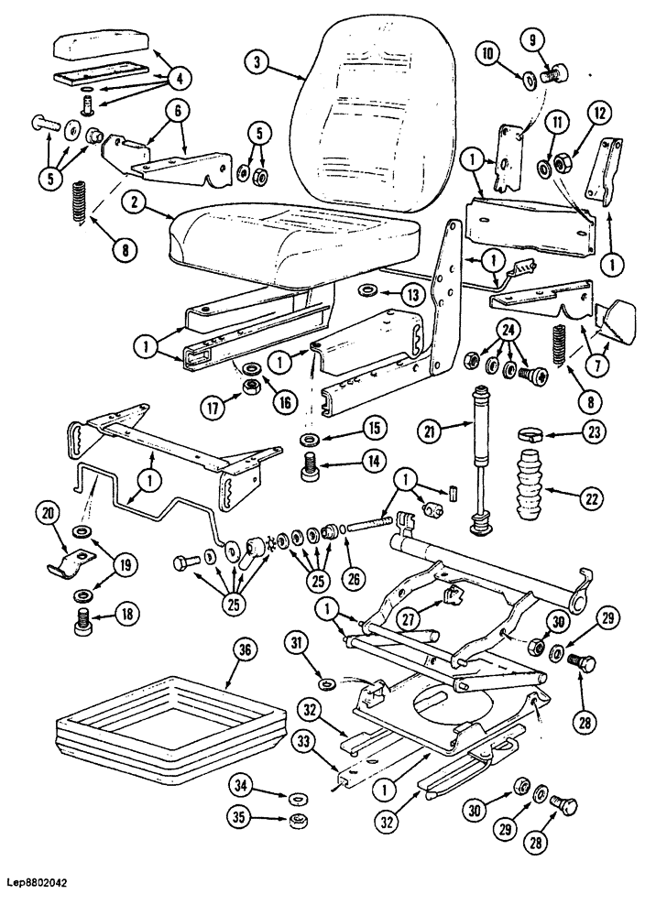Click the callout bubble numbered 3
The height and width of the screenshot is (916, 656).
[258, 62]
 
